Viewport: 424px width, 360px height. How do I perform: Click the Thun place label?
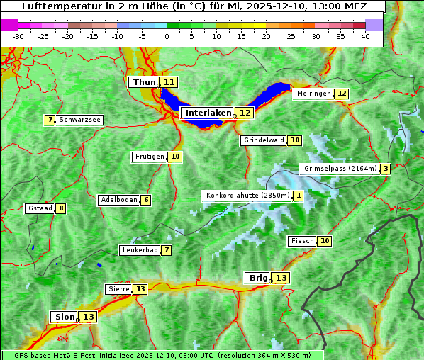144,82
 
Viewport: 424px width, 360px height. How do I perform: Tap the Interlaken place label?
208,113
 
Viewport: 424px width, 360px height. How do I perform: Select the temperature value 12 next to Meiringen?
342,94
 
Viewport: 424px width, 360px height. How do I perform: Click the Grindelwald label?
264,140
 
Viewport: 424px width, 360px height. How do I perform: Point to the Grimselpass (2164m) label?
340,169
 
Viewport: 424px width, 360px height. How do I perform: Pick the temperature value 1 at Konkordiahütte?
299,196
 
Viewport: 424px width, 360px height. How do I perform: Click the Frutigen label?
149,157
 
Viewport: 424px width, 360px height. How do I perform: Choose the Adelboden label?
118,200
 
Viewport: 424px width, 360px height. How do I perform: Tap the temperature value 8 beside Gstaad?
62,208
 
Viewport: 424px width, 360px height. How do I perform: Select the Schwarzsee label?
79,120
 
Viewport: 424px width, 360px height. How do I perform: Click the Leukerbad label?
140,250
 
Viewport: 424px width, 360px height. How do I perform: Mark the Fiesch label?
302,241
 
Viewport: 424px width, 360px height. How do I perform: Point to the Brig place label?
257,278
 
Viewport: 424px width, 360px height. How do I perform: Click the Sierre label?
118,289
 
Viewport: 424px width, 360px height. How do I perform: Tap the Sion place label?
63,317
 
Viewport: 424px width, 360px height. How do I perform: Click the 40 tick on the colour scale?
365,36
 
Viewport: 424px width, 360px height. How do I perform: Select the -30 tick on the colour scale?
18,36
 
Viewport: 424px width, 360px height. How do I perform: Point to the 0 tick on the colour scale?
167,36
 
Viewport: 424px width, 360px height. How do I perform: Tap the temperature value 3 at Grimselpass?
384,169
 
